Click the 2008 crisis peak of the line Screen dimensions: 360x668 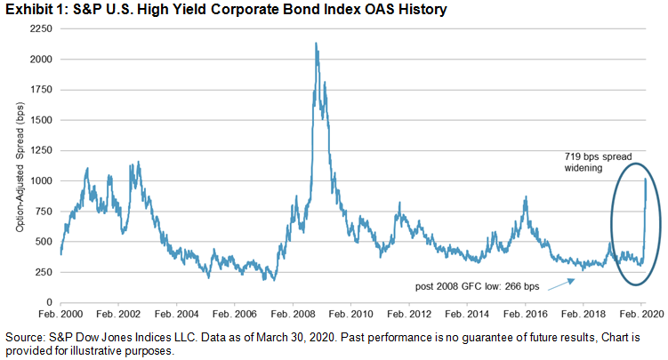point(317,44)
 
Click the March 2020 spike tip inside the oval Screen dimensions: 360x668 point(644,179)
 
